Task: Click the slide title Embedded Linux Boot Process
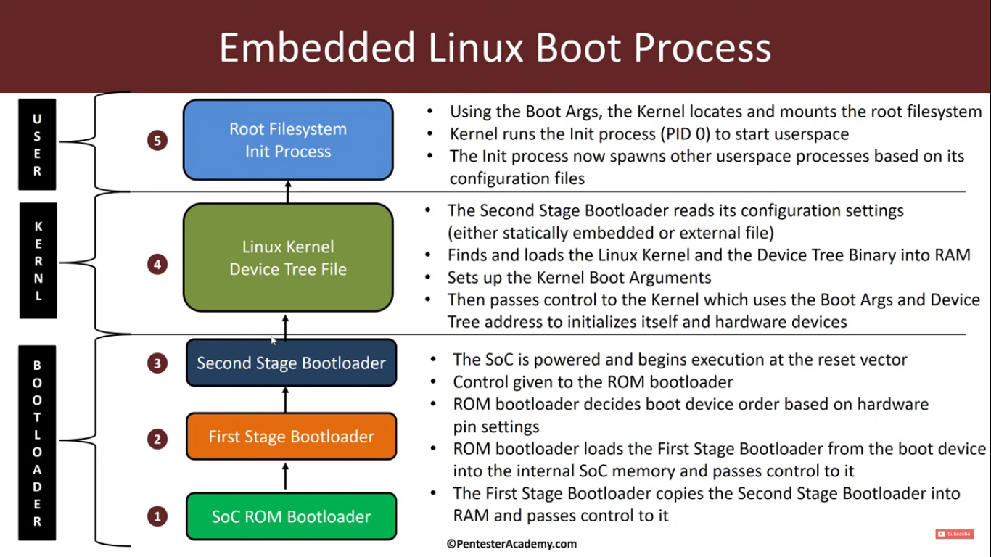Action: (495, 48)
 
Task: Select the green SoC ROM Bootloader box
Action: (291, 516)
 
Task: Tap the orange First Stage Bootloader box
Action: (291, 437)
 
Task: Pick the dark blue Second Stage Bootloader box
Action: (291, 363)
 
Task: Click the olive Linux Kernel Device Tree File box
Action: (288, 257)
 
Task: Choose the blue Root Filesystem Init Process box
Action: (288, 140)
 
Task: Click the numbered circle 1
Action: (157, 516)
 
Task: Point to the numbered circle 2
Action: (157, 438)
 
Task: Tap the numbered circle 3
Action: (157, 363)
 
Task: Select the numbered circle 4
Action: (157, 264)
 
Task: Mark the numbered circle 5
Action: (157, 140)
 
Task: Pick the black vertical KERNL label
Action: (38, 261)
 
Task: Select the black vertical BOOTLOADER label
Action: (37, 443)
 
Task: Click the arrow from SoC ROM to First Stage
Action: (285, 476)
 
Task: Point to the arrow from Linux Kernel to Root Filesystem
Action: (287, 191)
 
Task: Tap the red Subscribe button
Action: (954, 534)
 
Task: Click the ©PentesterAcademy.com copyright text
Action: (511, 543)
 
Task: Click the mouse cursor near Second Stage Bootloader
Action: (274, 340)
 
